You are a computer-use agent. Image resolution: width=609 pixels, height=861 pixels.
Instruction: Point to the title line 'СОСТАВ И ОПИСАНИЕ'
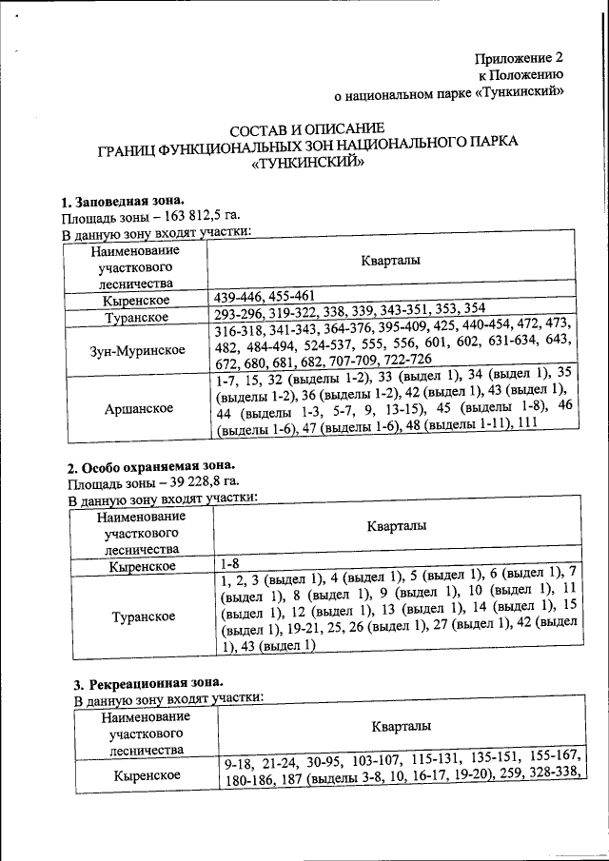pos(307,128)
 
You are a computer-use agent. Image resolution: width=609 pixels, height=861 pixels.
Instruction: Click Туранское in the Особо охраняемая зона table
pos(143,616)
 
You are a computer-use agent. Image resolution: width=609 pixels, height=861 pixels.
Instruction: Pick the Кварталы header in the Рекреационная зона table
pos(401,726)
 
